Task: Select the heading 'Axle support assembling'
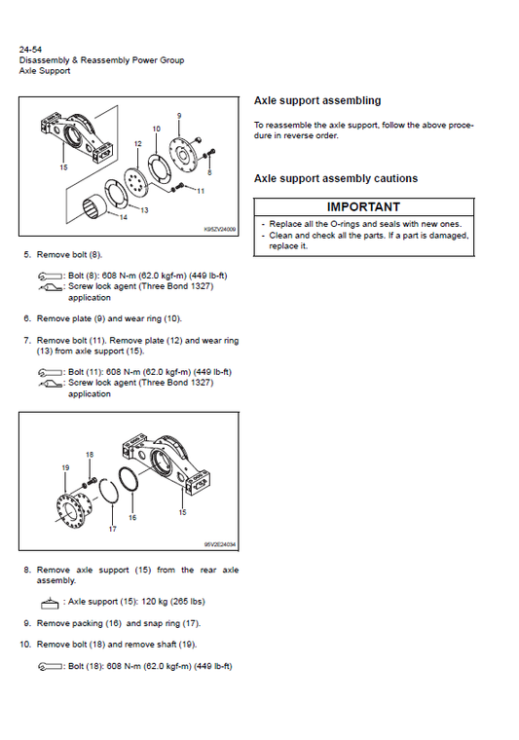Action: (317, 100)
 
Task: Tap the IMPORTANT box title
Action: (363, 207)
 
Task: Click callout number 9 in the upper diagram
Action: (179, 117)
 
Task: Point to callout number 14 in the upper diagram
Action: (123, 218)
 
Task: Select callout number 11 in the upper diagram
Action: (201, 191)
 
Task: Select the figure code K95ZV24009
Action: (219, 231)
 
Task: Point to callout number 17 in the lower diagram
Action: (112, 529)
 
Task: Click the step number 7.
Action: (26, 341)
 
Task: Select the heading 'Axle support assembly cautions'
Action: (335, 179)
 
